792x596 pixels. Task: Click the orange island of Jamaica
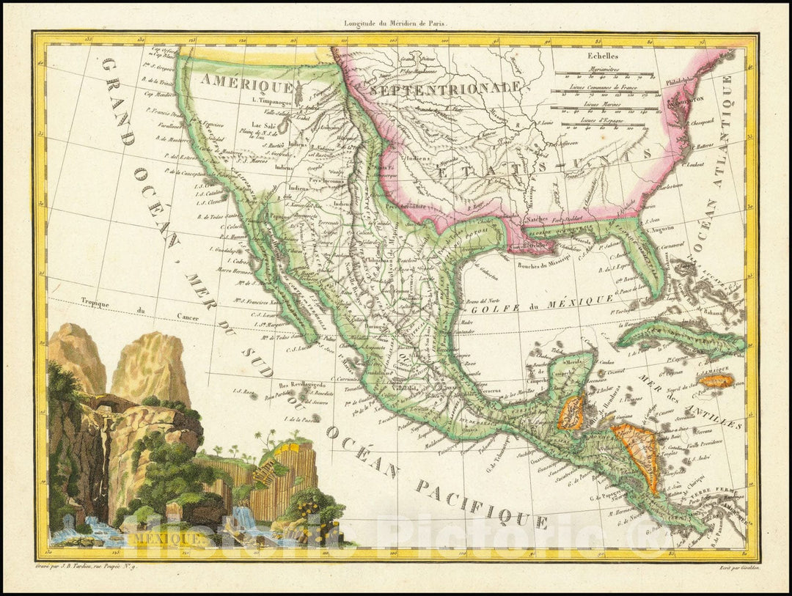(717, 381)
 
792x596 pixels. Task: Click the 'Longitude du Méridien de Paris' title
(395, 23)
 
